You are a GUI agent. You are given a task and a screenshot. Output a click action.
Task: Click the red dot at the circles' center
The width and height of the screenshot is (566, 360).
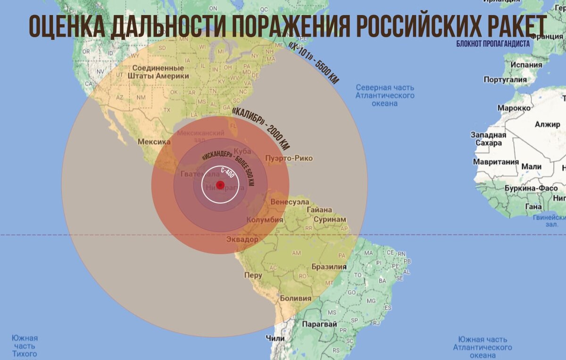tap(220, 185)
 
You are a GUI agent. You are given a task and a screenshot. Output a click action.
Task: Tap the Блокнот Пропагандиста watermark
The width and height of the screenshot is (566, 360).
tap(493, 44)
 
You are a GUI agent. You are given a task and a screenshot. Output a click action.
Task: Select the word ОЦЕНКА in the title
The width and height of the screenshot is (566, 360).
tap(66, 26)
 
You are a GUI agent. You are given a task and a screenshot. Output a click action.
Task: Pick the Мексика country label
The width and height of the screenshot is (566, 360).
tap(154, 142)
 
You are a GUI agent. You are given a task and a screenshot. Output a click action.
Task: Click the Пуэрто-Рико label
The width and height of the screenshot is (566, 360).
tap(289, 158)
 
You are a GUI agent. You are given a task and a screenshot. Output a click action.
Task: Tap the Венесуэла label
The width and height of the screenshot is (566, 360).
tap(290, 201)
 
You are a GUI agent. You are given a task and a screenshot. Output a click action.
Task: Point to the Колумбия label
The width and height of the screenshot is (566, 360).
tap(265, 219)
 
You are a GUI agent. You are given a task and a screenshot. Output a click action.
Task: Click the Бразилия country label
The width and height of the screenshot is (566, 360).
tap(329, 267)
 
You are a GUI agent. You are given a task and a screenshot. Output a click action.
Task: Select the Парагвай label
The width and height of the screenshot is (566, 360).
tap(319, 324)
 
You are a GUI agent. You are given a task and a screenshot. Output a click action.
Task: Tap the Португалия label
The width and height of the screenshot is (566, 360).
tap(505, 80)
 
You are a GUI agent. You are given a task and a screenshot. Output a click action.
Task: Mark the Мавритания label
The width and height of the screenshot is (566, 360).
tap(496, 162)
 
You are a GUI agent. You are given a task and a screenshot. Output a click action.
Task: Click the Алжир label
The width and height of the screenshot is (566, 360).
tap(547, 125)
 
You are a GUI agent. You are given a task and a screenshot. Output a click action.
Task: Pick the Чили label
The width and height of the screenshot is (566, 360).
tap(275, 338)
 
